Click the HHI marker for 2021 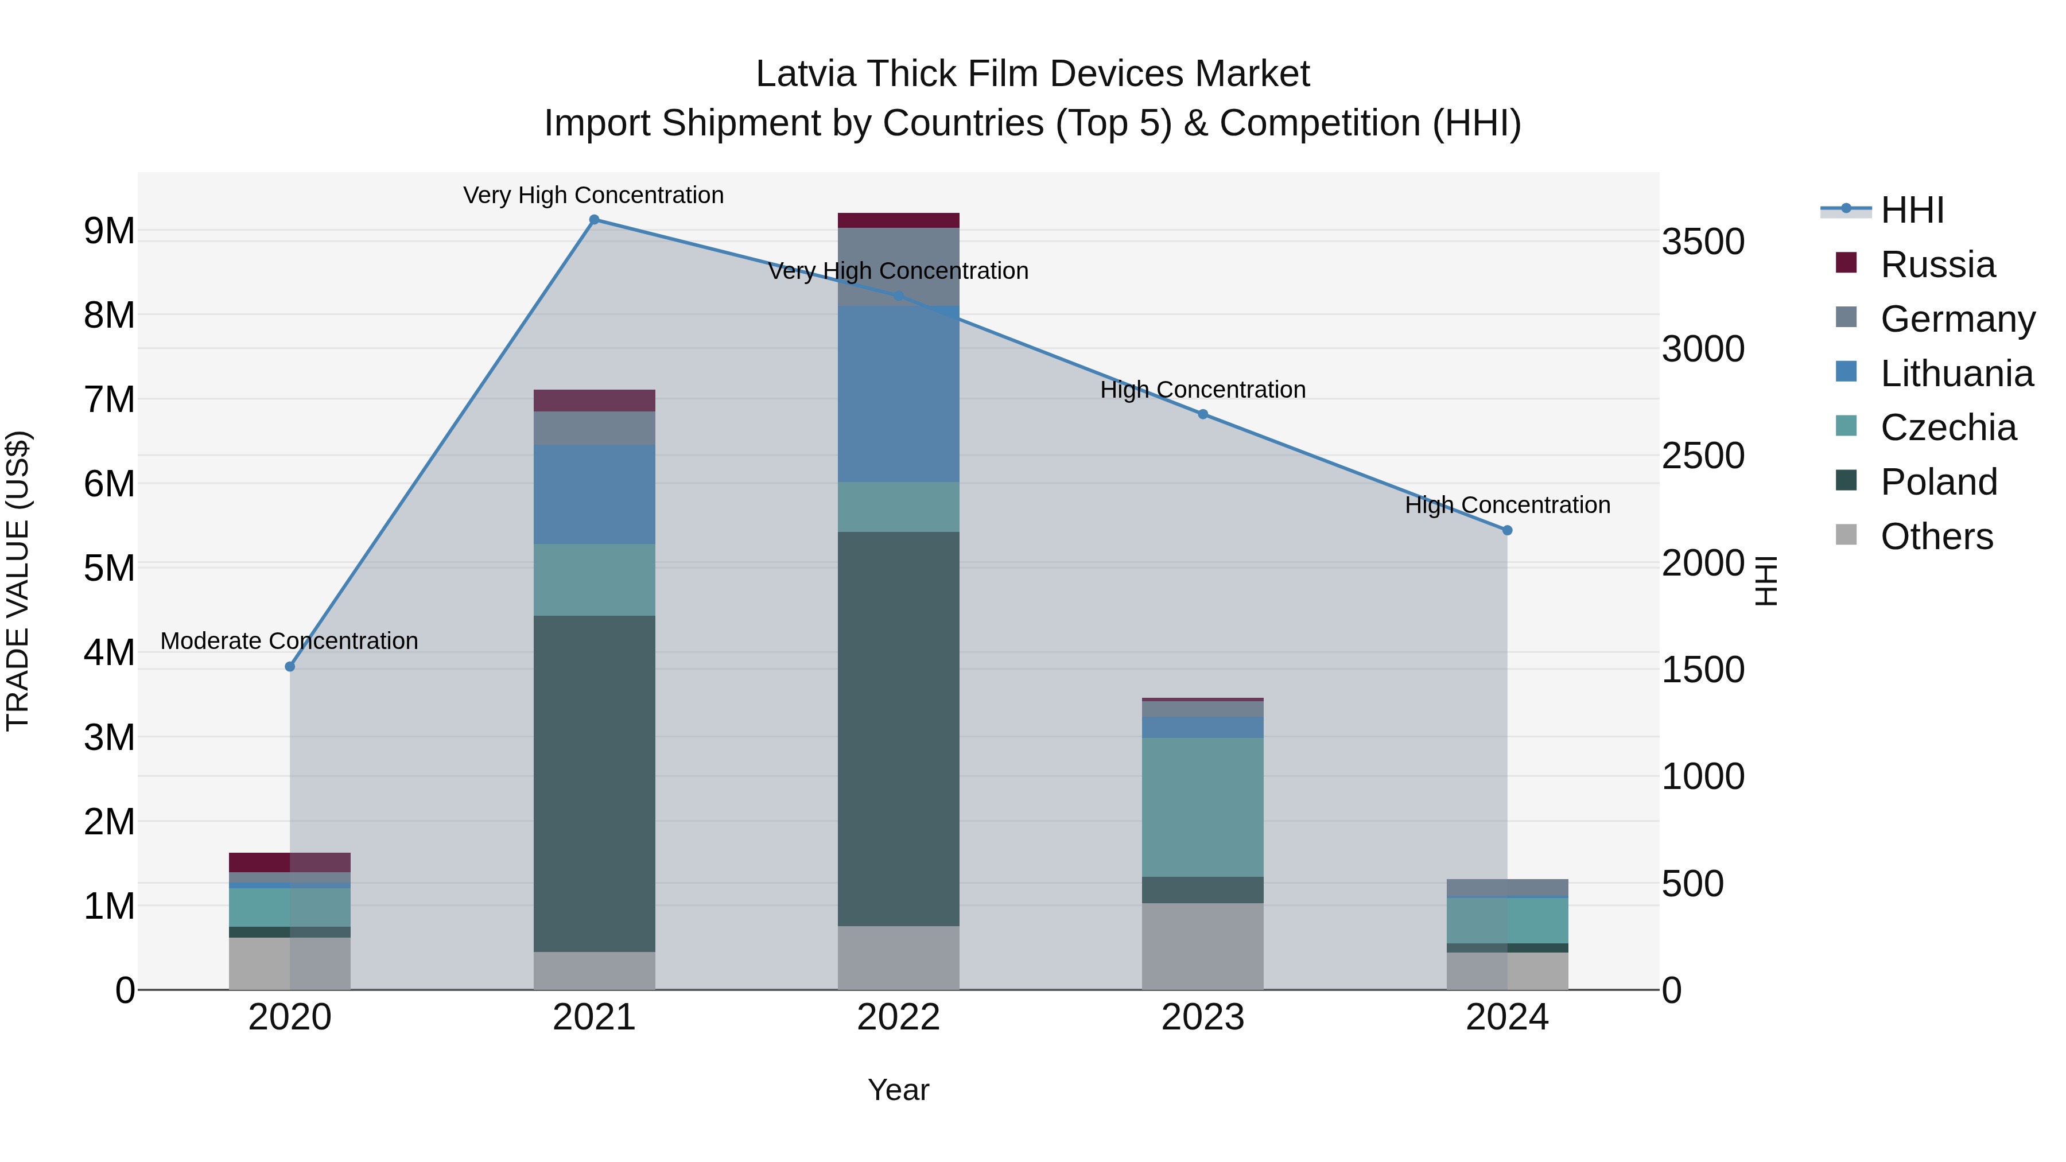coord(595,220)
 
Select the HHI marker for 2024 coord(1507,530)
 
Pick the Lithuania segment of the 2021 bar coord(595,494)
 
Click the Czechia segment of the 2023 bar coord(1202,807)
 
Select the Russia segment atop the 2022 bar coord(898,220)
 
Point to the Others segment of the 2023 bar coord(1202,946)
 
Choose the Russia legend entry coord(1937,265)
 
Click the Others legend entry coord(1936,537)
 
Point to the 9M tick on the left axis coord(109,231)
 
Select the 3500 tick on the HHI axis coord(1703,242)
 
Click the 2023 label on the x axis coord(1202,1017)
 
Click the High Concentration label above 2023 coord(1202,390)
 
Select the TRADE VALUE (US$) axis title coord(18,581)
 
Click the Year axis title coord(898,1090)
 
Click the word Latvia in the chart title coord(805,74)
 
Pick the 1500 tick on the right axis coord(1703,670)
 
